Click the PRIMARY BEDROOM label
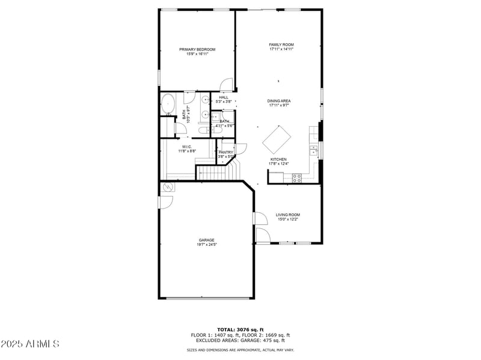(x=197, y=49)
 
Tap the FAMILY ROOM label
(x=281, y=44)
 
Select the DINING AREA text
(x=280, y=101)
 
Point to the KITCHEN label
(x=278, y=159)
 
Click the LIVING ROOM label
(x=287, y=215)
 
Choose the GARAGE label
(x=207, y=240)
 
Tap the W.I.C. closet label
(x=187, y=147)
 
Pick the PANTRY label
(x=225, y=153)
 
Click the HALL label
(x=224, y=97)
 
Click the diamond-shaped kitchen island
(x=277, y=139)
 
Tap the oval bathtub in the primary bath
(x=167, y=104)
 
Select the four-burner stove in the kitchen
(x=296, y=177)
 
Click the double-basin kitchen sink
(x=313, y=149)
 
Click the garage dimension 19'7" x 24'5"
(x=207, y=245)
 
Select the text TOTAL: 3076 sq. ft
(x=240, y=329)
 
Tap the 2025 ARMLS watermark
(x=30, y=344)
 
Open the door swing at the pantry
(x=241, y=148)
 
